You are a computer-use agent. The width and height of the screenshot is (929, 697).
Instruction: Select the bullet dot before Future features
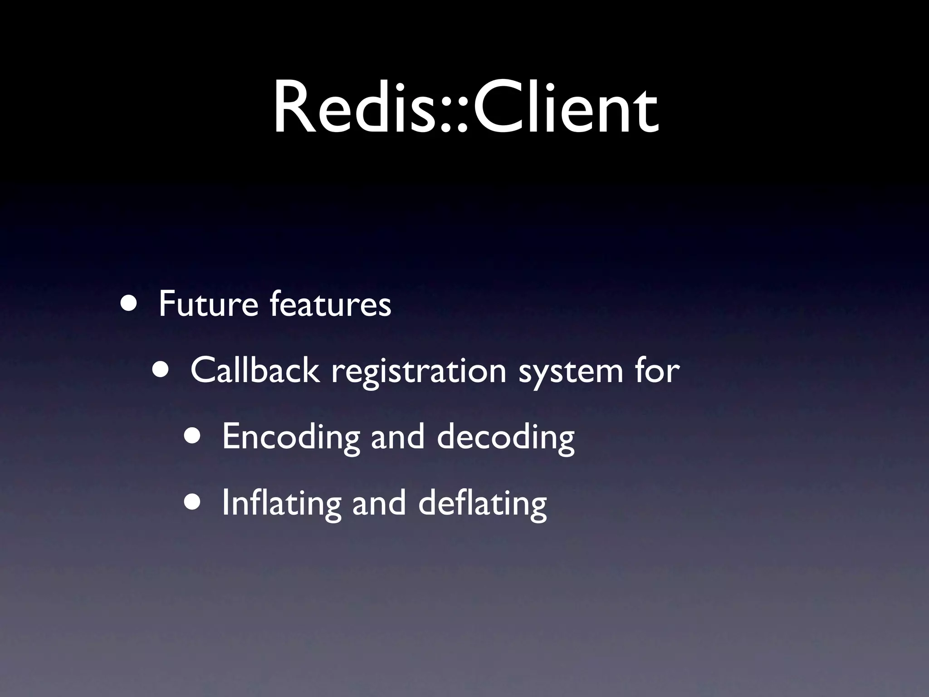click(130, 303)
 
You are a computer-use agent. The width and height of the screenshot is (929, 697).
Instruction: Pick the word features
click(330, 304)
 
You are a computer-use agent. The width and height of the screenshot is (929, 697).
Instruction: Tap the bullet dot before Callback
click(162, 368)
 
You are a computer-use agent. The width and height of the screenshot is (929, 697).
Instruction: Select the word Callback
click(255, 370)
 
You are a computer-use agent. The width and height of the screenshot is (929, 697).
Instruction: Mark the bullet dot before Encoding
click(194, 435)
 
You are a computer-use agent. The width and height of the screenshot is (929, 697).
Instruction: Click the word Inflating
click(281, 504)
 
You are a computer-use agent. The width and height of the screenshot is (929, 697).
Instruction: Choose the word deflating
click(482, 504)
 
